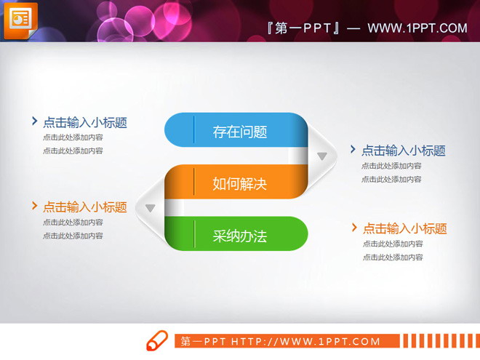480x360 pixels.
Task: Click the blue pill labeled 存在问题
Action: pos(236,131)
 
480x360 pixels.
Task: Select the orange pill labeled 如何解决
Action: pos(236,183)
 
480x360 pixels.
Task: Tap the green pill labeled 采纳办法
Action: pos(236,235)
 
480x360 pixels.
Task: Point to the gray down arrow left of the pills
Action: pos(151,209)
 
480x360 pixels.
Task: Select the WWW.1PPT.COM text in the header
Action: pos(417,28)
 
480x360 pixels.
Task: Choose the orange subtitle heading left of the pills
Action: pos(84,207)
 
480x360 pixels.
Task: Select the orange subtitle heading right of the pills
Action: pos(404,228)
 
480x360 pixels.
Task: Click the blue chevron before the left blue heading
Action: pos(34,121)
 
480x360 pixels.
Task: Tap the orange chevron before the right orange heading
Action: pos(354,228)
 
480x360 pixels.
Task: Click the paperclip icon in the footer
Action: pos(157,341)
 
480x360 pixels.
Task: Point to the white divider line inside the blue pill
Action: pos(194,130)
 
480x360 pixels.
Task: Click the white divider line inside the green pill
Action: pos(195,234)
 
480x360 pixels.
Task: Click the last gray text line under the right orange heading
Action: pos(393,257)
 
